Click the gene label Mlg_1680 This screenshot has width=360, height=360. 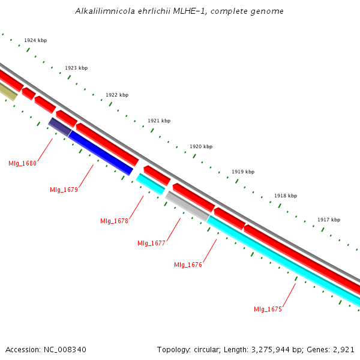(22, 163)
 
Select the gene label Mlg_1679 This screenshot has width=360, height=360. (64, 190)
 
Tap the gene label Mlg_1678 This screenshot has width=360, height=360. (114, 221)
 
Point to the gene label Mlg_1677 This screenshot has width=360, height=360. (151, 243)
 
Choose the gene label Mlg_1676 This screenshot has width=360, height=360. (188, 265)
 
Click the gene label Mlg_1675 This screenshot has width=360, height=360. (268, 309)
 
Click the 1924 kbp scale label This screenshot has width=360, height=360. (35, 40)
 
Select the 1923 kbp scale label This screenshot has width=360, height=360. (76, 68)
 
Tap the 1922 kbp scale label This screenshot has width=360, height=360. (117, 95)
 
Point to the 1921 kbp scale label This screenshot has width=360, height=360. (159, 121)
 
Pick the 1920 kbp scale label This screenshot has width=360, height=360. (201, 146)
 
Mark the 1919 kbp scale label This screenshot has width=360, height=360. (243, 172)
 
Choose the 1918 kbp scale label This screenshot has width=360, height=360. (286, 196)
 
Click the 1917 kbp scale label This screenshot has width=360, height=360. (329, 220)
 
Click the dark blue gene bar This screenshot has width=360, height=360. (100, 153)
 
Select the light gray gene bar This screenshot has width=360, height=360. (187, 205)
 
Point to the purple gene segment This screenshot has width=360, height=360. (60, 127)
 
